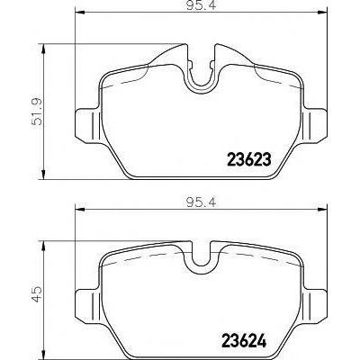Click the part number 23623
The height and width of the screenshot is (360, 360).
pos(249,159)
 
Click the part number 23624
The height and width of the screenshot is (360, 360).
pos(244,340)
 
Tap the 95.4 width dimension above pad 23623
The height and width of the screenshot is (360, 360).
pos(201,5)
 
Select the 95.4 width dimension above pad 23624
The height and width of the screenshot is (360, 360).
pos(201,203)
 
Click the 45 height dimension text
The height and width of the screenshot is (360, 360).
pos(38,294)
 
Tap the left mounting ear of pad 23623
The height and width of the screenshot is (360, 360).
pos(87,124)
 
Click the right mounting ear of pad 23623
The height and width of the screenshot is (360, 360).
pos(315,124)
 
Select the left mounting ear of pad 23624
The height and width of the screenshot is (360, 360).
pos(87,306)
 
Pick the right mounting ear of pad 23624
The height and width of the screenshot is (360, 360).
pos(315,306)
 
